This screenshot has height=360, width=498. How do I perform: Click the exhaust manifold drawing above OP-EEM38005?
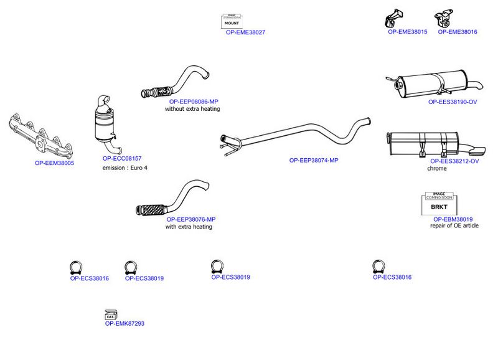[40, 136]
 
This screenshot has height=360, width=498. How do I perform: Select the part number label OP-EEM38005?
[54, 163]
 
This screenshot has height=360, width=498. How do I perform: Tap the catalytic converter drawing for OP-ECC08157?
[106, 125]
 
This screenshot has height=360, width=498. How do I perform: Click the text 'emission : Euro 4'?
[125, 168]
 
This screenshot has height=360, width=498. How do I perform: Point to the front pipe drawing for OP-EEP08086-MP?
[176, 83]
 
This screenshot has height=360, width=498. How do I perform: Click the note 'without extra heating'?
[192, 108]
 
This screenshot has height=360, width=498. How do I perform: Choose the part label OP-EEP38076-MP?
[191, 219]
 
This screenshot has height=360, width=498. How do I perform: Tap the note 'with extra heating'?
[189, 227]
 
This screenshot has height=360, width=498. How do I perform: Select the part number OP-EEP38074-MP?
[314, 161]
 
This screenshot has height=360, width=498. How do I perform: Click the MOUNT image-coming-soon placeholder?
[232, 21]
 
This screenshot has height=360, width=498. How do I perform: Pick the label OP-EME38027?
[245, 32]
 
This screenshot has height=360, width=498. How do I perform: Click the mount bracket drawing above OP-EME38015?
[393, 19]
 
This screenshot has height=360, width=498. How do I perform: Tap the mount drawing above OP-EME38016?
[444, 19]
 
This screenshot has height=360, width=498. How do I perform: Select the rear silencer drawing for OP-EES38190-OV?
[434, 84]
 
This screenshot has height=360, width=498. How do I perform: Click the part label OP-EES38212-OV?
[454, 161]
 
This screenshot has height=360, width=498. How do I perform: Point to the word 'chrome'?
[437, 168]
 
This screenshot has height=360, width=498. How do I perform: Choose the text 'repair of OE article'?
[454, 225]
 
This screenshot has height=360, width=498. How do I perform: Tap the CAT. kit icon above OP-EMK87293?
[111, 315]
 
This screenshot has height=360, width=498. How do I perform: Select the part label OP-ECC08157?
[122, 158]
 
